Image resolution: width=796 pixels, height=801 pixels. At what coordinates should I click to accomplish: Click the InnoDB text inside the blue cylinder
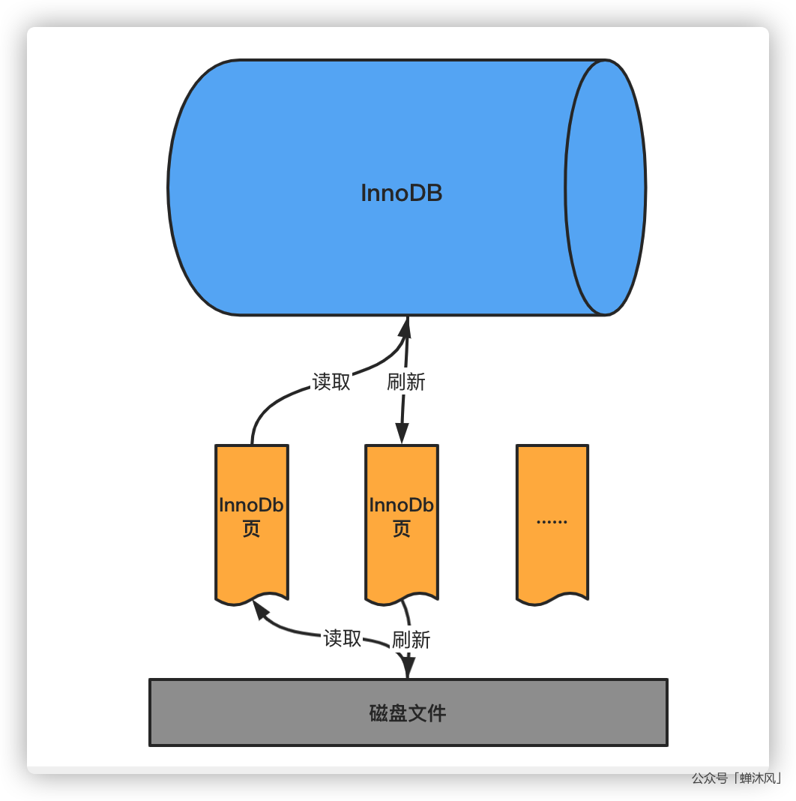point(402,193)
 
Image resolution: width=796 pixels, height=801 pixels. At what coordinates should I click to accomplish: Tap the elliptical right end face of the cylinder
point(605,187)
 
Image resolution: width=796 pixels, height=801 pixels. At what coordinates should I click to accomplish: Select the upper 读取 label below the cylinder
point(331,382)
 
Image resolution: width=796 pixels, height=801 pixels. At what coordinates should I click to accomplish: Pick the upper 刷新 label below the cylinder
point(406,382)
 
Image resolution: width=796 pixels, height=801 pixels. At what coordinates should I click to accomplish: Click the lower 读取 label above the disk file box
point(343,638)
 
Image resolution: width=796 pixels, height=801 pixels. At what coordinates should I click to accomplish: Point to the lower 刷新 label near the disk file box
point(411,640)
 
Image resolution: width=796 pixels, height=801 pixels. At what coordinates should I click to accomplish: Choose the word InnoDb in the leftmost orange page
point(251,505)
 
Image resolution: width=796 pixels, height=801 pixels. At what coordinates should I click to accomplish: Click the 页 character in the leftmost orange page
point(251,529)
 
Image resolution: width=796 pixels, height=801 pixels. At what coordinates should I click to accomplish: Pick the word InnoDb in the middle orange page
point(402,505)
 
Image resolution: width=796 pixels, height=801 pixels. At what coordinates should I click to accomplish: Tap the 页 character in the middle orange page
point(402,529)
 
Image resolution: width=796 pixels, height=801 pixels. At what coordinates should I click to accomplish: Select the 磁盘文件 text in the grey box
point(408,712)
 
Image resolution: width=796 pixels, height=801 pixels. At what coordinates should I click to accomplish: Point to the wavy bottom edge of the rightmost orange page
point(552,599)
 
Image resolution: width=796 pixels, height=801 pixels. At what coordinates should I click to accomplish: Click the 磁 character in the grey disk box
point(379,712)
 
